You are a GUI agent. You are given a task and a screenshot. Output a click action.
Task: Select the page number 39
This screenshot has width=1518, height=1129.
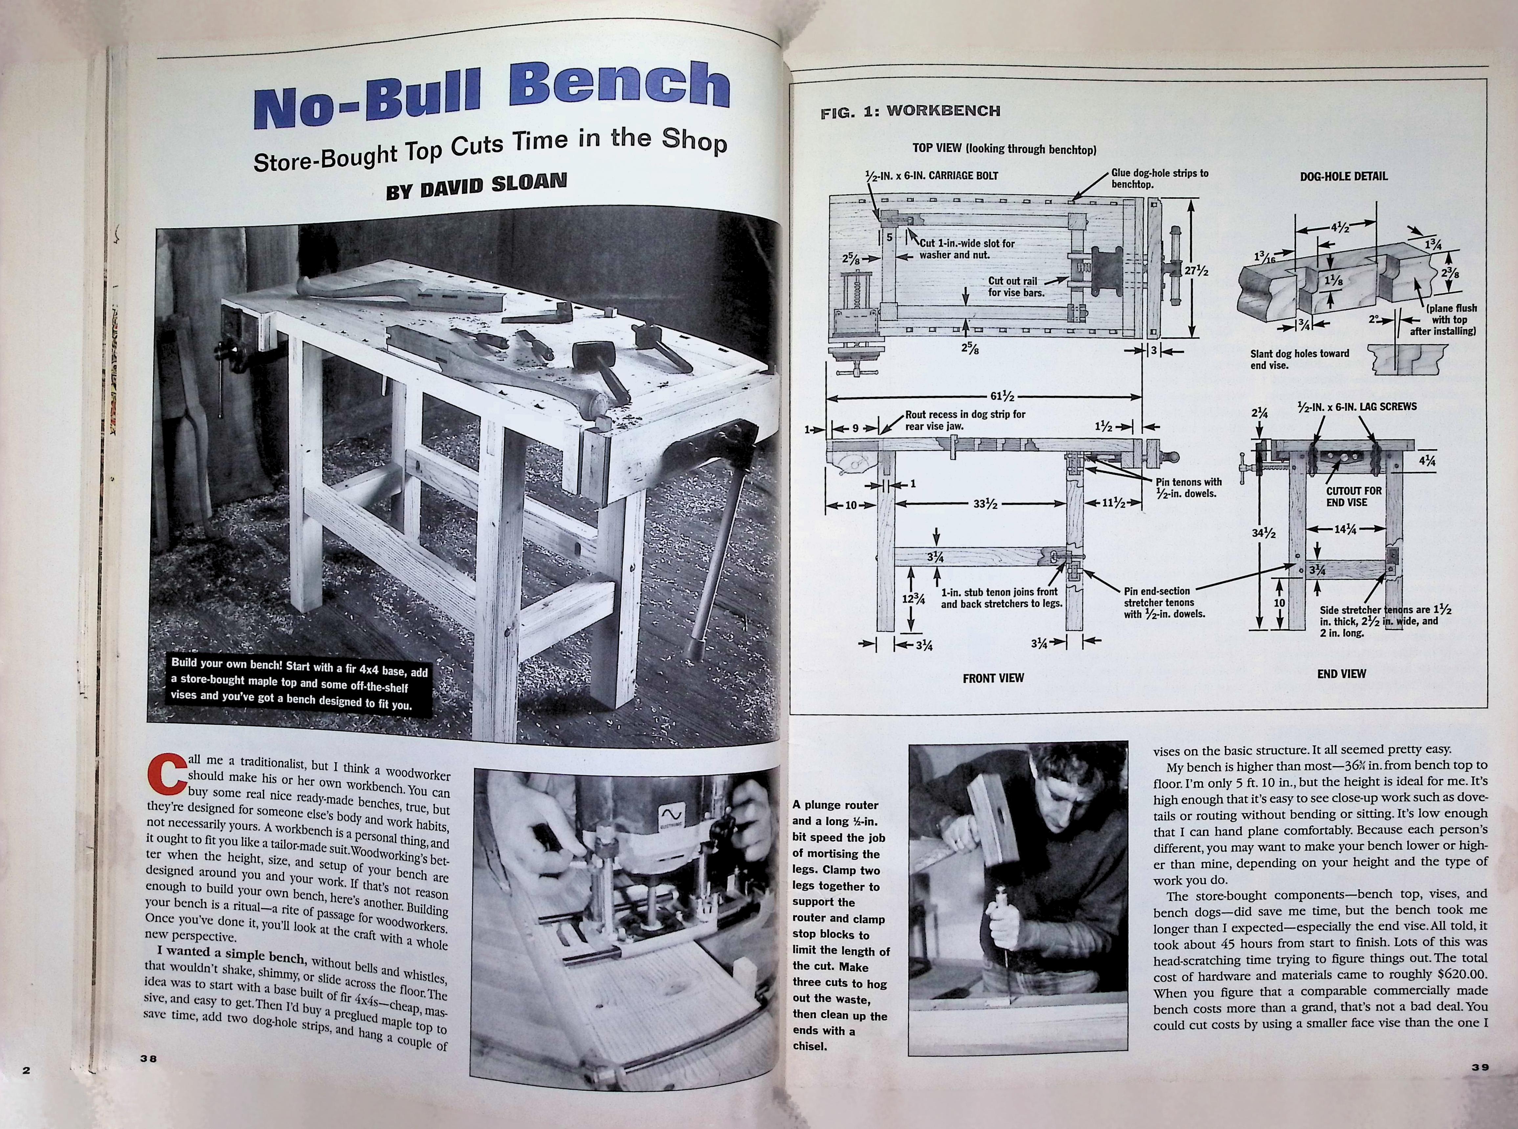1480,1067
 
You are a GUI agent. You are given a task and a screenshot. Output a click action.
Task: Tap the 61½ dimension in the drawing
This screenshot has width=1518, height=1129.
1002,396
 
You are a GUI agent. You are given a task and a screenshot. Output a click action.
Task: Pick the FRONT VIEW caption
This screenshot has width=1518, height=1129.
993,678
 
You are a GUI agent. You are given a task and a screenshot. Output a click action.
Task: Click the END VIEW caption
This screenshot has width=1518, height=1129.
1342,674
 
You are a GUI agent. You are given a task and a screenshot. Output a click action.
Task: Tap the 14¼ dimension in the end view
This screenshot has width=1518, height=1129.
1345,528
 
